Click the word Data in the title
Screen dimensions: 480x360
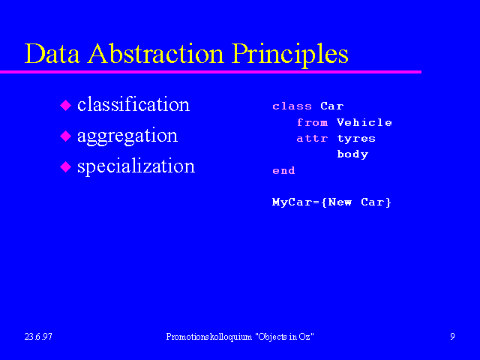[x=52, y=53]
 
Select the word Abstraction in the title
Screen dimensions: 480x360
[x=156, y=53]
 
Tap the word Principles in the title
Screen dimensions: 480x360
[x=290, y=55]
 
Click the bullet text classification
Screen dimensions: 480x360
[x=133, y=104]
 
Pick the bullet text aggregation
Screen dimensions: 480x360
[x=127, y=136]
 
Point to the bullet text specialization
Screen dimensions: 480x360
[x=136, y=166]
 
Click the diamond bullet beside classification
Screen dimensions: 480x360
[x=65, y=105]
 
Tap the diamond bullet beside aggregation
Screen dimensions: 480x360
[x=65, y=136]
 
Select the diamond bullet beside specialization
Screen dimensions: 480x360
[x=65, y=167]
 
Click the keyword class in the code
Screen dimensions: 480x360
[x=292, y=106]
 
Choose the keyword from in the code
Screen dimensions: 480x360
[x=312, y=122]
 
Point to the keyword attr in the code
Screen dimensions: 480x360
[x=312, y=138]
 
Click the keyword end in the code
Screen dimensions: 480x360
[x=283, y=170]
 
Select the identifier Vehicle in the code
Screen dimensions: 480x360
[x=364, y=122]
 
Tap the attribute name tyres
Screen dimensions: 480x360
[x=356, y=139]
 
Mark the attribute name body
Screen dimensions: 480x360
[x=352, y=154]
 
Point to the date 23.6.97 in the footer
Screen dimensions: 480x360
[x=38, y=337]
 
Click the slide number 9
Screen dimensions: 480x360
[x=452, y=337]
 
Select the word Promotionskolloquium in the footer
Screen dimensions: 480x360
[x=209, y=337]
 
